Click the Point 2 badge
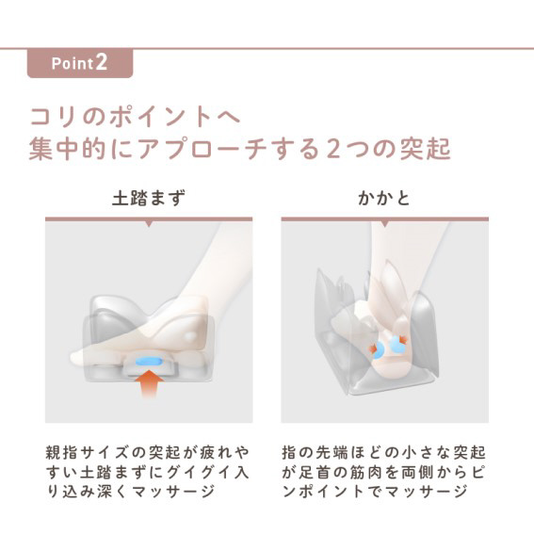(80, 63)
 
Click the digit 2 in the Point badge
(102, 63)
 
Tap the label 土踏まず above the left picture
(149, 198)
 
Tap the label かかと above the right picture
(384, 198)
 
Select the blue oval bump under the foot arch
(149, 361)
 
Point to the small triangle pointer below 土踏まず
(149, 224)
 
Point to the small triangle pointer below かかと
(385, 224)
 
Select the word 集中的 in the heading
(67, 149)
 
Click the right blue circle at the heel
(397, 344)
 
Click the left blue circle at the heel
(379, 350)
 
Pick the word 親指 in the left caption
(63, 453)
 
